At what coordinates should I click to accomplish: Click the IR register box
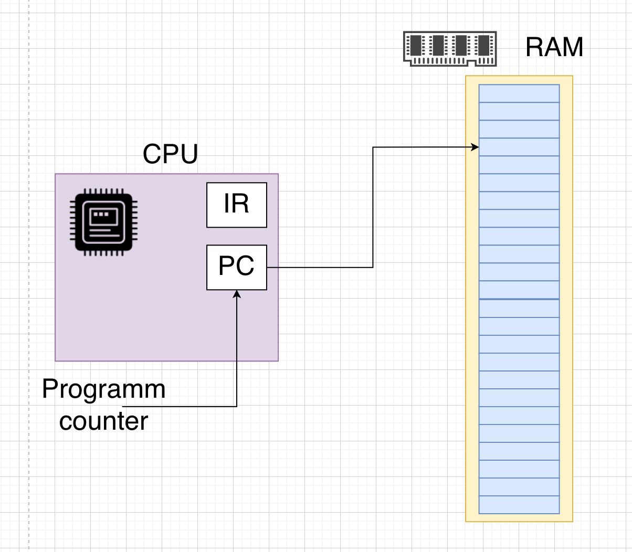(236, 205)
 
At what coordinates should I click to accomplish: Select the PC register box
(236, 267)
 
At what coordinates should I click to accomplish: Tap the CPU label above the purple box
(170, 154)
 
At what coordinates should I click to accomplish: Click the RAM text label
(554, 47)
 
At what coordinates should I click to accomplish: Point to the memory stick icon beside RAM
(450, 48)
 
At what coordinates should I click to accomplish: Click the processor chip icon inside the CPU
(103, 221)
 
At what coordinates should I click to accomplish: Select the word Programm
(103, 389)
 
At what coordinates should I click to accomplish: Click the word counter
(103, 421)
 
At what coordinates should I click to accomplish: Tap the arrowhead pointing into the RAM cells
(476, 147)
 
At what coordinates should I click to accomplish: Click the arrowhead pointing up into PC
(237, 294)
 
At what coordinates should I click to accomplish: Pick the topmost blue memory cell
(519, 93)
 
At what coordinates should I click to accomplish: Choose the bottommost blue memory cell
(519, 505)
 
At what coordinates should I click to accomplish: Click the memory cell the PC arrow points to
(519, 147)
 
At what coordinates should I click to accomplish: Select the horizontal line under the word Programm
(178, 406)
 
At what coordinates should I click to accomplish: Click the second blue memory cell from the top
(519, 111)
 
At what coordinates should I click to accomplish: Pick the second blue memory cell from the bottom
(519, 487)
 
